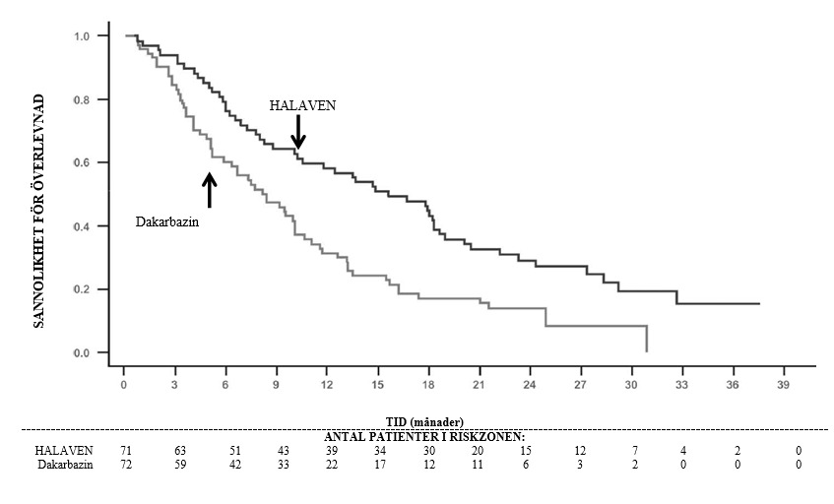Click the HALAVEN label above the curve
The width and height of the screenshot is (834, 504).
click(x=303, y=104)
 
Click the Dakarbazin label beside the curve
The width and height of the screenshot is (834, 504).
click(x=167, y=222)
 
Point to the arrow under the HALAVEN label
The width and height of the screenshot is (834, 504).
click(x=298, y=132)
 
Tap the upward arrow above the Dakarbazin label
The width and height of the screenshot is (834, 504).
click(x=209, y=189)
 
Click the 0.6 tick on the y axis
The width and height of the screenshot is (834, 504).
click(x=83, y=162)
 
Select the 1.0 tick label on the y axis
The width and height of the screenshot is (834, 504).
click(x=83, y=35)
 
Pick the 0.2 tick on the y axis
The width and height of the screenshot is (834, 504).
click(x=83, y=289)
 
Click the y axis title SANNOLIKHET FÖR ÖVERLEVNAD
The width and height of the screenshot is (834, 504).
click(x=39, y=210)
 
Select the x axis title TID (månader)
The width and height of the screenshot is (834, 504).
click(x=424, y=422)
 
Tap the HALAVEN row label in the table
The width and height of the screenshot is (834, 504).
click(x=64, y=451)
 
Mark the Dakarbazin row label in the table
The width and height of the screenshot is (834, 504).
click(x=65, y=465)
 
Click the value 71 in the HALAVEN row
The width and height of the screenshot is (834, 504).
click(x=126, y=451)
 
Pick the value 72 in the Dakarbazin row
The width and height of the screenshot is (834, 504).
click(x=126, y=465)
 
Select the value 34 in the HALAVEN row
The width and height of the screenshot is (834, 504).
click(x=380, y=451)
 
